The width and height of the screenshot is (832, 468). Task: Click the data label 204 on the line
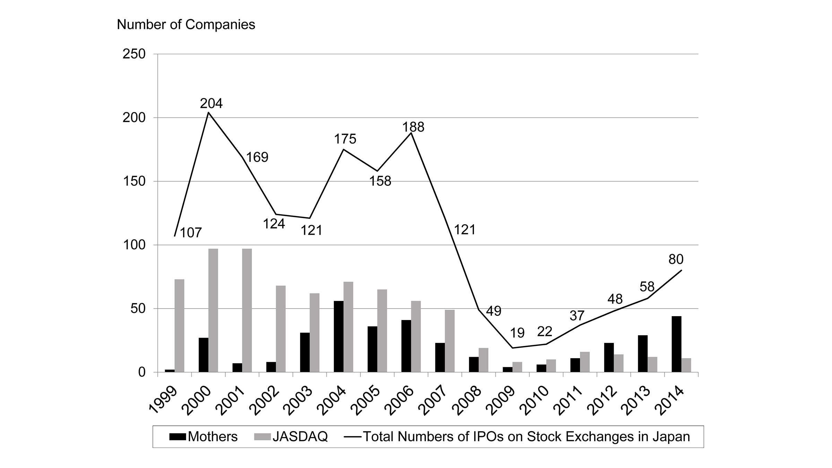(211, 103)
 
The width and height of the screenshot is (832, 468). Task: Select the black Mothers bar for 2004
(338, 336)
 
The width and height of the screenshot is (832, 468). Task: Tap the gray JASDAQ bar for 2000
(213, 310)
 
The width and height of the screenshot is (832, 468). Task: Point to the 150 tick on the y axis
(134, 181)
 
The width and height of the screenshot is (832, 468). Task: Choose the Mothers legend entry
(203, 436)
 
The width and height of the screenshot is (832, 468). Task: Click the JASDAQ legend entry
(291, 436)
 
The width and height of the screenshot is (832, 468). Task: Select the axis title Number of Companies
(186, 25)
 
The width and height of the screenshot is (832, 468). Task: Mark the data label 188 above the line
(413, 127)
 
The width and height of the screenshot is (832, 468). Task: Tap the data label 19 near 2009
(517, 333)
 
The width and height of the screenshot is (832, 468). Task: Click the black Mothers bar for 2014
(676, 344)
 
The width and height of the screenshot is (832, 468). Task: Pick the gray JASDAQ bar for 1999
(179, 326)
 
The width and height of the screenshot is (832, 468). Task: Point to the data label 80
(676, 259)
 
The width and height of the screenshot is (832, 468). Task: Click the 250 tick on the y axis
(134, 54)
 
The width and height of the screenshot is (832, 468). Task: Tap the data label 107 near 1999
(191, 233)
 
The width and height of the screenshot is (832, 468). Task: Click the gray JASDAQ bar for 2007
(450, 341)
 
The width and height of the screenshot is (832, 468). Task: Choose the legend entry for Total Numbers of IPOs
(517, 436)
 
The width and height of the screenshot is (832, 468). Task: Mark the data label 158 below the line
(380, 181)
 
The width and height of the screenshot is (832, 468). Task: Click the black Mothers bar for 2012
(609, 357)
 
